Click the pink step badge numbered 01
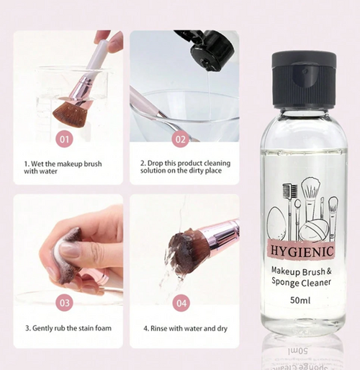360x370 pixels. [64, 140]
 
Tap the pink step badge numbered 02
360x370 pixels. [181, 140]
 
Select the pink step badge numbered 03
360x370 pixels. [65, 303]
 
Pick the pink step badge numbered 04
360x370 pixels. [181, 303]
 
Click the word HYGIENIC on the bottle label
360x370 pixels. [302, 251]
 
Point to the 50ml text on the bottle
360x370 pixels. [300, 300]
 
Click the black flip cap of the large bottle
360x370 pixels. [304, 79]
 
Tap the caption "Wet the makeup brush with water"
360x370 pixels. [63, 168]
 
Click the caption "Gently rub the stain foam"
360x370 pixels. [68, 328]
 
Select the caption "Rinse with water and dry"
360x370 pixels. [185, 328]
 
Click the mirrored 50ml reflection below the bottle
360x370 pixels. [298, 351]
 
